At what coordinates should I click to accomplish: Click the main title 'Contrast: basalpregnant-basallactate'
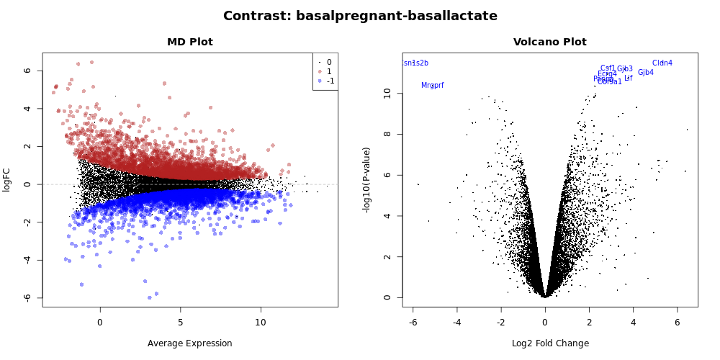(x=360, y=16)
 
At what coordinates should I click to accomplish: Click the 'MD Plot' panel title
(x=190, y=42)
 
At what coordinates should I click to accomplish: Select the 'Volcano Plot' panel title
(x=549, y=42)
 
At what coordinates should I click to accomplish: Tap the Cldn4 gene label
(x=662, y=63)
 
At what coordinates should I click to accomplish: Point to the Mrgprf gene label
(x=433, y=86)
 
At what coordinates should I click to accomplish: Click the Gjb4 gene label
(x=646, y=73)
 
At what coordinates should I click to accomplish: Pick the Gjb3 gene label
(x=625, y=69)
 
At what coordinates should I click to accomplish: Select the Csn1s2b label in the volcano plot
(x=415, y=63)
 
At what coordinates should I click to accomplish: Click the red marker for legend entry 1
(x=320, y=72)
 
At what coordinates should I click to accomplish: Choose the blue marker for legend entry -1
(x=320, y=81)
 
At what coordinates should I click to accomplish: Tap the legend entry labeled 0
(x=329, y=63)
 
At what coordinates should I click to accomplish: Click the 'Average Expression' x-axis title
(x=190, y=343)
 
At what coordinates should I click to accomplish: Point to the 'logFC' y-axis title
(x=7, y=180)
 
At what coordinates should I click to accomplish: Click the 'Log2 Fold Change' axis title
(x=550, y=343)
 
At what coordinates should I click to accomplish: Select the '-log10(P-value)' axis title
(x=367, y=179)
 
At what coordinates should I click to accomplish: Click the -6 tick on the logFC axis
(x=27, y=297)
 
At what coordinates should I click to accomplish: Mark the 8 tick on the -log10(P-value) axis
(x=387, y=134)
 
